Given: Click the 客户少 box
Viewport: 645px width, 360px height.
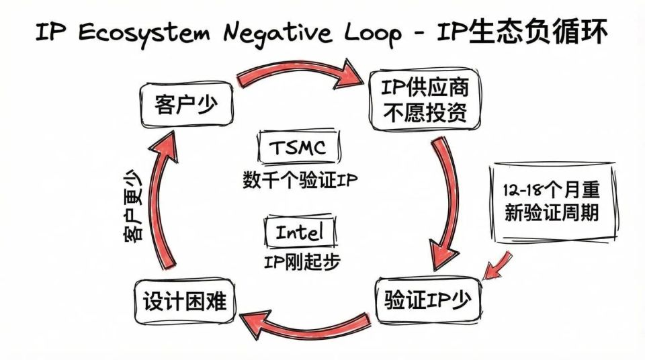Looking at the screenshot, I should coord(186,106).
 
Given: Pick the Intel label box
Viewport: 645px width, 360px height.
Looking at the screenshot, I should coord(299,232).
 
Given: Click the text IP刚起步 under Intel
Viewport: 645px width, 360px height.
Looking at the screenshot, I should coord(300,261).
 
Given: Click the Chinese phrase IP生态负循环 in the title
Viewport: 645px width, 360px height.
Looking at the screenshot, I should coord(534,31).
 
